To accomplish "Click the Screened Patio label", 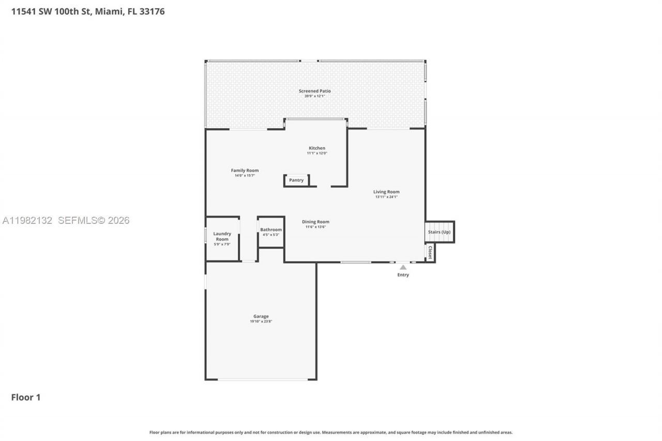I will point(314,91).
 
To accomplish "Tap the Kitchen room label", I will point(317,148).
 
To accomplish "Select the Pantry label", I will point(296,180).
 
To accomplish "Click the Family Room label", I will point(245,170).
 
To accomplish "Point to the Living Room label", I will point(386,192).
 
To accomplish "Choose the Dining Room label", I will point(315,222).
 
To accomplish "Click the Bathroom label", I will point(271,230).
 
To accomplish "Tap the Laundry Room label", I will point(222,236).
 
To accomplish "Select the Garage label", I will point(261,316).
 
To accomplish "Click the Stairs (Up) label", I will point(439,232).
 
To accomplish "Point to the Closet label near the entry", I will point(430,252).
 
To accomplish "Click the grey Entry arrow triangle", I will point(403,267).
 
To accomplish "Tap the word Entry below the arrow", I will point(403,275).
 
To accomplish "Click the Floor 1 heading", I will point(26,397).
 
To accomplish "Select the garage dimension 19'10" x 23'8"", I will point(261,322).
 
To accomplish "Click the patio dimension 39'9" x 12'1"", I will point(314,96).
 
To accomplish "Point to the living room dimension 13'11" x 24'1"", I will point(386,197).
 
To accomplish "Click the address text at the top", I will point(88,11).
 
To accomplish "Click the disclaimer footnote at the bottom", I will point(331,432).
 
